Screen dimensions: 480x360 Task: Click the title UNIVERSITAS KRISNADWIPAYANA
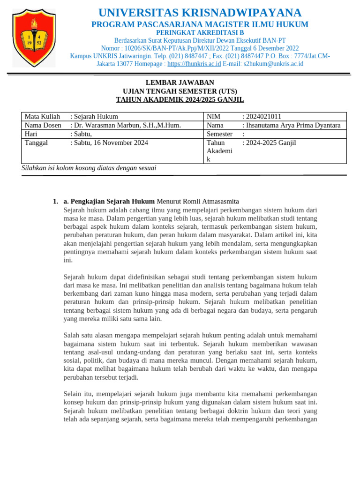(199, 13)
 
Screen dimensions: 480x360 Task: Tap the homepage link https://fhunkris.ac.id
(194, 64)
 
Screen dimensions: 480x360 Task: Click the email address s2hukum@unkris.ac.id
(273, 64)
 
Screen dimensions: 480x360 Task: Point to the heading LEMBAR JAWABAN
(180, 82)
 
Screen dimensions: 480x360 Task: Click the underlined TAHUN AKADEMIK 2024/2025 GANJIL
(180, 99)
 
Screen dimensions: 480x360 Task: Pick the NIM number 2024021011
(264, 117)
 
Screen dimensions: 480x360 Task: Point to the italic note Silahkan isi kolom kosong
(89, 168)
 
